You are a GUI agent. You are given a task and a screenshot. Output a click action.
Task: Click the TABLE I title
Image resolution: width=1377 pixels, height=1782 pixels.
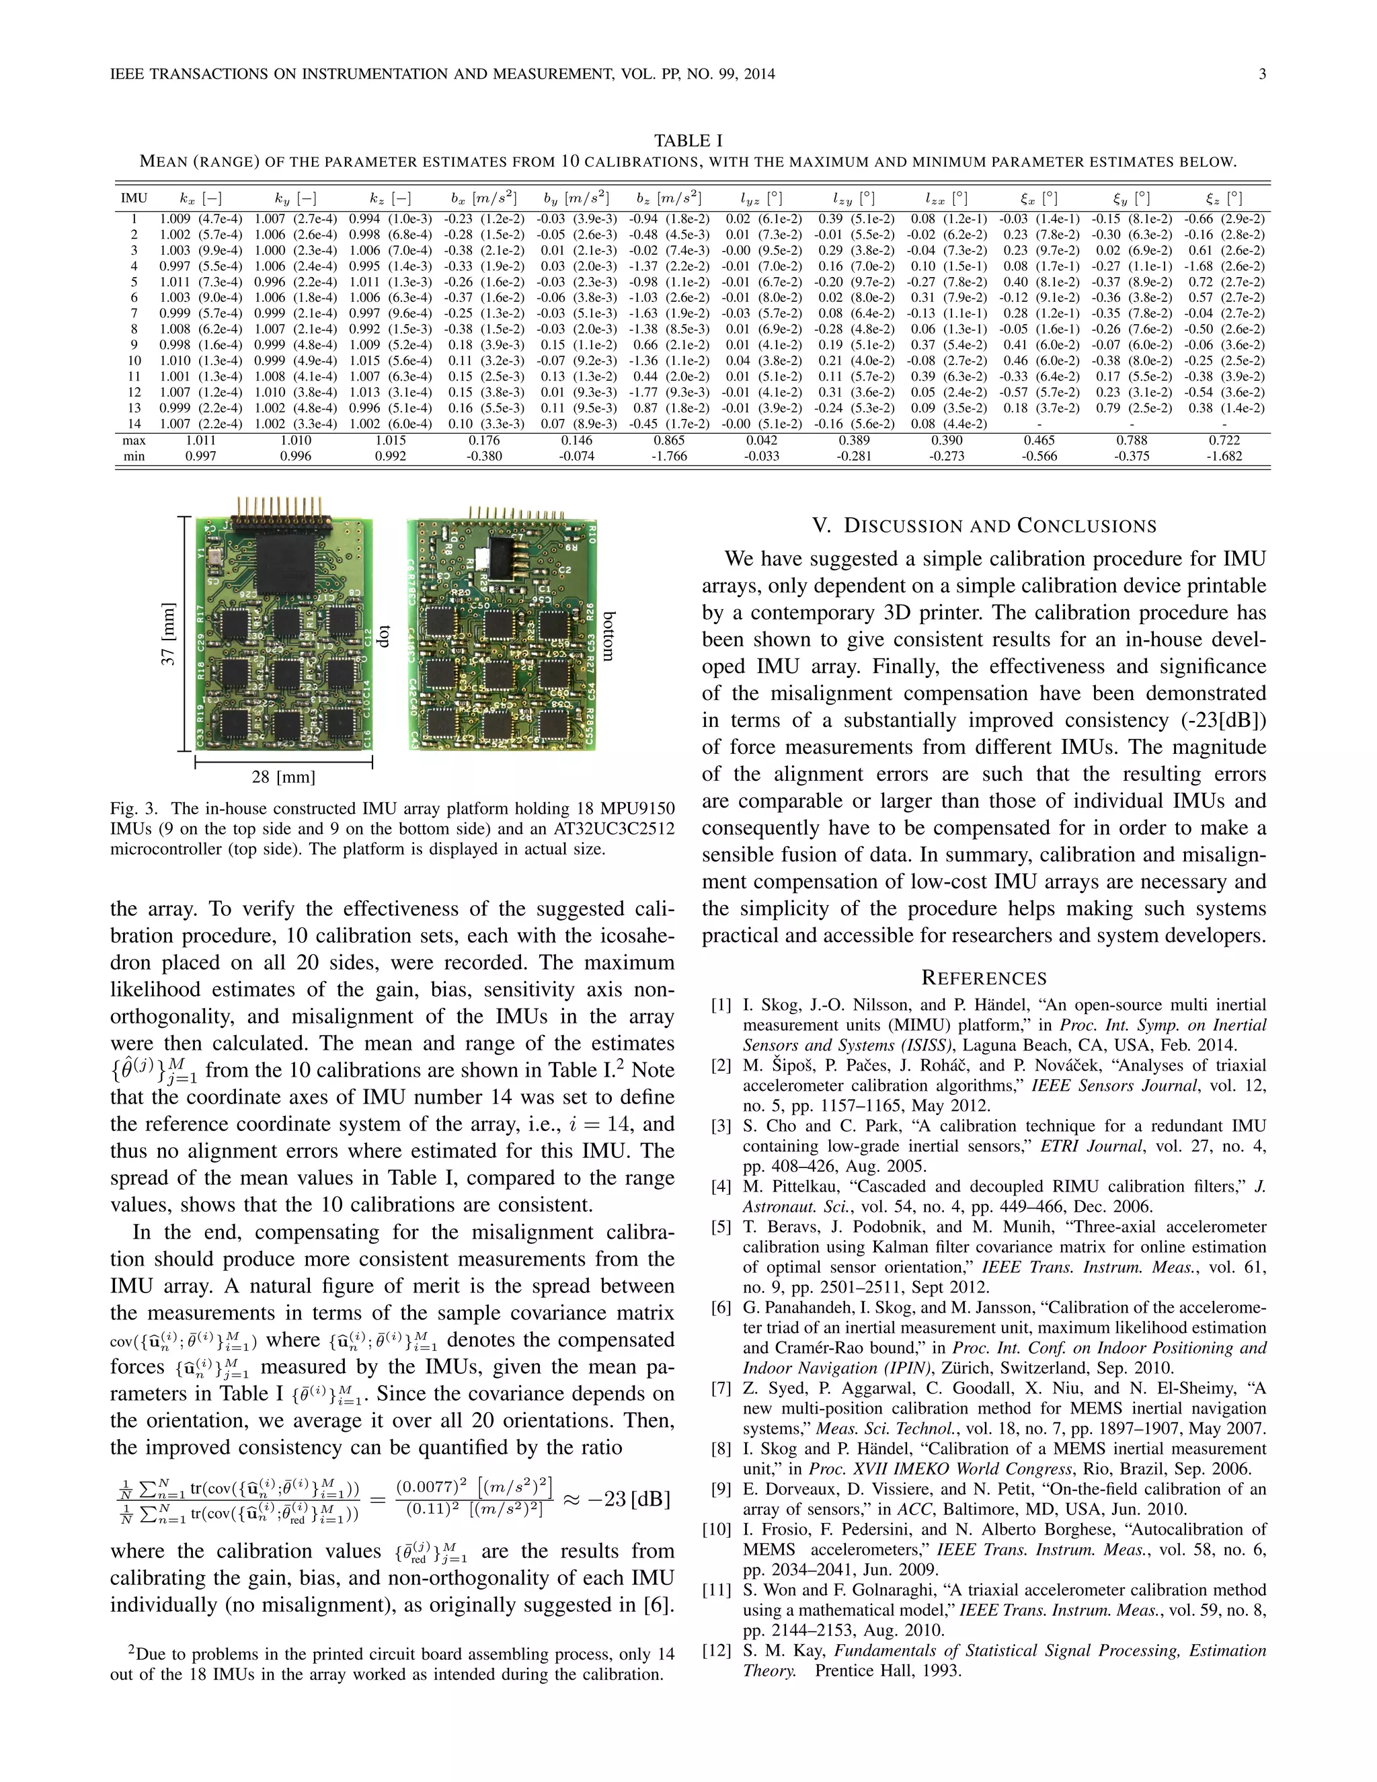click(x=688, y=141)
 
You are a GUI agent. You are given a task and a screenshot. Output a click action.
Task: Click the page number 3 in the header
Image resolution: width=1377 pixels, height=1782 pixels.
click(x=1262, y=74)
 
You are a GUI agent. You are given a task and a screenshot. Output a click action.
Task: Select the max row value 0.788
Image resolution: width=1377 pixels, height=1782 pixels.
click(x=1132, y=440)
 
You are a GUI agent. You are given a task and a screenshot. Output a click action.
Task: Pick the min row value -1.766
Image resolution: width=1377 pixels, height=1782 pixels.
click(x=669, y=456)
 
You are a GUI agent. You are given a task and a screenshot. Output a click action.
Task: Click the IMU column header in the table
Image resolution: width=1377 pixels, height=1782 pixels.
click(x=134, y=198)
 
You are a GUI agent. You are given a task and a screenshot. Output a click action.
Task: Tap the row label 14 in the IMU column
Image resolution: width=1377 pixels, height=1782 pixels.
click(x=134, y=424)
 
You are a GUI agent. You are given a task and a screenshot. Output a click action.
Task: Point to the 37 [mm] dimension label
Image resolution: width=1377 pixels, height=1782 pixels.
click(x=168, y=634)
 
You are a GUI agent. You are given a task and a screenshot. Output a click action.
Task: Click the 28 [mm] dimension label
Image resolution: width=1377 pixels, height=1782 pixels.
click(x=283, y=777)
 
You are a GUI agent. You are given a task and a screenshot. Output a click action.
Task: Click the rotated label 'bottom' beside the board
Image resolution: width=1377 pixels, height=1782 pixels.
click(x=608, y=635)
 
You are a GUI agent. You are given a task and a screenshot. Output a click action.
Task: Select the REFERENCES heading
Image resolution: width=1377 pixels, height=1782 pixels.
click(x=984, y=978)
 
